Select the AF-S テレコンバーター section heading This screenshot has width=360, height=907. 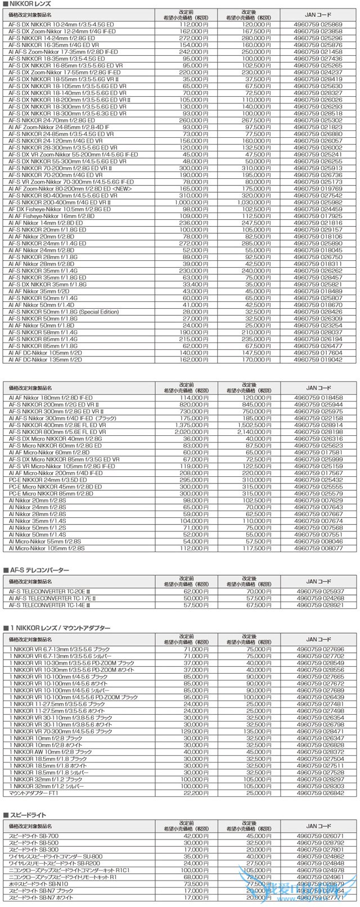click(39, 570)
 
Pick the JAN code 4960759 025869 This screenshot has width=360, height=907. click(318, 25)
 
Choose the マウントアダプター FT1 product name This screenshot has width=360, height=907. click(33, 793)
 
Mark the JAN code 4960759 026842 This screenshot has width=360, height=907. click(318, 793)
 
